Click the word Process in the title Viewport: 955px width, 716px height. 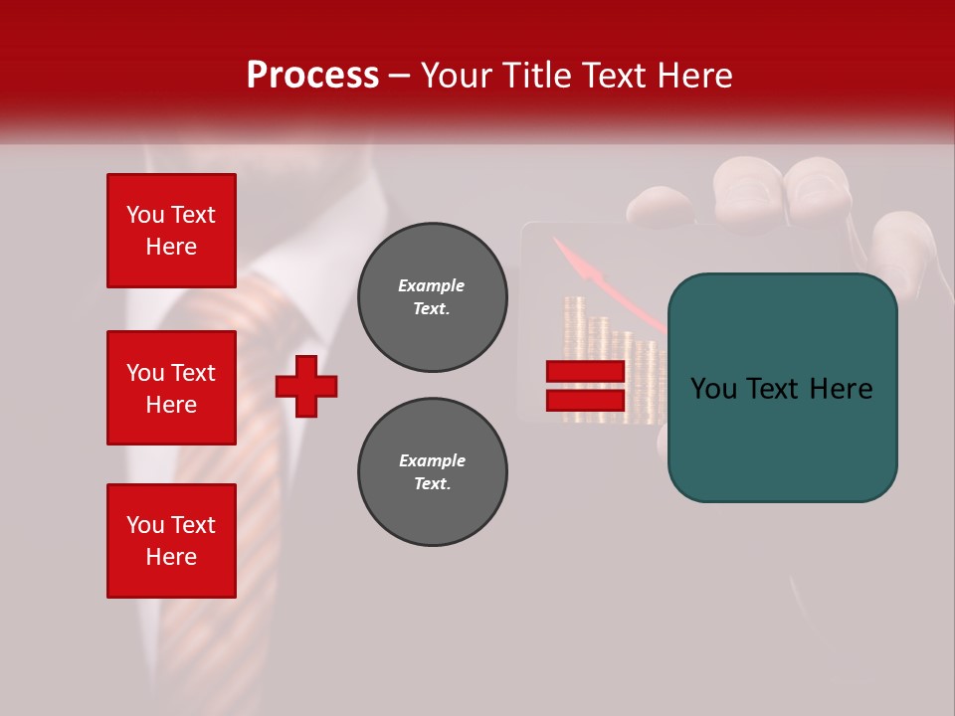point(312,76)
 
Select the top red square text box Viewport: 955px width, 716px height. point(171,231)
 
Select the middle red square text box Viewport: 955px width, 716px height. point(171,388)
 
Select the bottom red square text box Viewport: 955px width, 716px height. point(171,541)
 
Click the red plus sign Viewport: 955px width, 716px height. point(306,386)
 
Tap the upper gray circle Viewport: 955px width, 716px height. point(432,297)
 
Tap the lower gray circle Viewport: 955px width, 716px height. point(432,472)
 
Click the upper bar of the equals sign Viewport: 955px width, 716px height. point(585,371)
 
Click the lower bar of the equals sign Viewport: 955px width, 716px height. point(585,400)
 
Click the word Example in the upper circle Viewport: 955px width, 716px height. point(432,285)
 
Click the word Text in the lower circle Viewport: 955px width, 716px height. point(432,484)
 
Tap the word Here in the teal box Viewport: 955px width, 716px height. point(841,389)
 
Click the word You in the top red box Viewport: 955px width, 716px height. point(145,215)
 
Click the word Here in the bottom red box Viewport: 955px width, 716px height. point(171,557)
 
